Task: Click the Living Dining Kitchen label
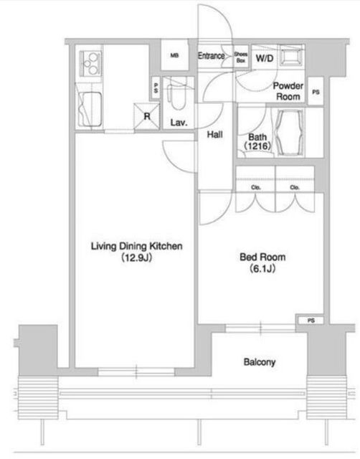point(137,246)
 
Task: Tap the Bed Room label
point(262,257)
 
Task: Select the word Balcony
point(260,362)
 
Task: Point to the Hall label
point(215,134)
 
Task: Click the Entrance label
point(212,56)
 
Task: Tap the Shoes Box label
point(240,57)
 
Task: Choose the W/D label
point(265,58)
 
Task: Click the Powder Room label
point(288,91)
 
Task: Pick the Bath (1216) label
point(257,141)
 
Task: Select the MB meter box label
point(174,55)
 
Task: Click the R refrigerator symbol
point(146,116)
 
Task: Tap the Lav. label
point(179,123)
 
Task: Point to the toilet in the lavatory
point(176,94)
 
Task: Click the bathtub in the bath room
point(289,133)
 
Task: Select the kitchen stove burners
point(91,63)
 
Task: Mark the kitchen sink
point(90,109)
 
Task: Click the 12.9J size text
point(137,257)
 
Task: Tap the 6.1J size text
point(262,268)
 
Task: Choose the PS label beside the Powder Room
point(316,92)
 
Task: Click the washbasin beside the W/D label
point(290,56)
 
